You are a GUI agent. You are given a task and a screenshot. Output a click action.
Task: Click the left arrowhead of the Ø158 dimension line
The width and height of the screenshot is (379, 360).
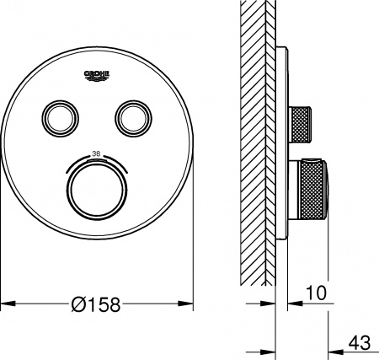point(5,302)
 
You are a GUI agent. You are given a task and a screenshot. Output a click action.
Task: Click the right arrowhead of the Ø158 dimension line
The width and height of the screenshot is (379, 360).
point(191,302)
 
